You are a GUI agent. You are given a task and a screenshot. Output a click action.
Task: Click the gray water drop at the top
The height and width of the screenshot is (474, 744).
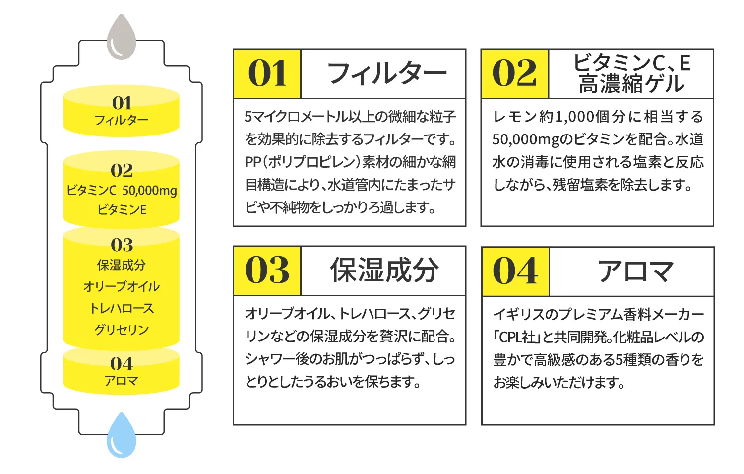tap(122, 39)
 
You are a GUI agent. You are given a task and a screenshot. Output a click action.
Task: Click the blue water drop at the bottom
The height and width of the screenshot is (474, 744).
tap(122, 437)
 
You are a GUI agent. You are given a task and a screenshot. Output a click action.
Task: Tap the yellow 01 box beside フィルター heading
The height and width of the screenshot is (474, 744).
tap(267, 73)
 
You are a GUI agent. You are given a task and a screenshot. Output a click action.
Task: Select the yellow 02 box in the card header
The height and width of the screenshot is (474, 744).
tap(515, 73)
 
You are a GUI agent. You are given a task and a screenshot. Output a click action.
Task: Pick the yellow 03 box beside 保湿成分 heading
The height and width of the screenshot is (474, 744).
tap(267, 271)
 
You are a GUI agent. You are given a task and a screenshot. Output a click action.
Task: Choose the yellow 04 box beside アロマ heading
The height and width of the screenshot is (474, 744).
tap(515, 271)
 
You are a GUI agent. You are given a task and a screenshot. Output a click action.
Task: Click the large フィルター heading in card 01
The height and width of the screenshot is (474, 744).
tap(386, 73)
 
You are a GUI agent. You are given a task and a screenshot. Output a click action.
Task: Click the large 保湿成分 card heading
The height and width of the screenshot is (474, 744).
tap(384, 271)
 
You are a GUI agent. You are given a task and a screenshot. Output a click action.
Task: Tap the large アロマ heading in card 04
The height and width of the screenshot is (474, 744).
tap(635, 271)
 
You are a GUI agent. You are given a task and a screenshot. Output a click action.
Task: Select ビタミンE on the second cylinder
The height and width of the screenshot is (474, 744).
tap(122, 210)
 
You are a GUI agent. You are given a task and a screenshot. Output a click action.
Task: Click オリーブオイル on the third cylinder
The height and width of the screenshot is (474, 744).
tap(122, 286)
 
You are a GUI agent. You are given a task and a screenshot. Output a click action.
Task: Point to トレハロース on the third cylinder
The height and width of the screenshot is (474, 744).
tap(122, 308)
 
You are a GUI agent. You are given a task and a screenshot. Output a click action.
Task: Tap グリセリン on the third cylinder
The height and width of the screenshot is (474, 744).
tap(122, 330)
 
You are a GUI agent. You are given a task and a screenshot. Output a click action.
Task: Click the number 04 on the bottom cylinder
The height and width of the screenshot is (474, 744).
tap(122, 364)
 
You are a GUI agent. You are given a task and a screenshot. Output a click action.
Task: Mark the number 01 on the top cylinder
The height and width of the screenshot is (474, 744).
tap(122, 103)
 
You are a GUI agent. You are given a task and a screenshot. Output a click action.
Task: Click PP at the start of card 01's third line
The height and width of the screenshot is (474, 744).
tap(252, 162)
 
